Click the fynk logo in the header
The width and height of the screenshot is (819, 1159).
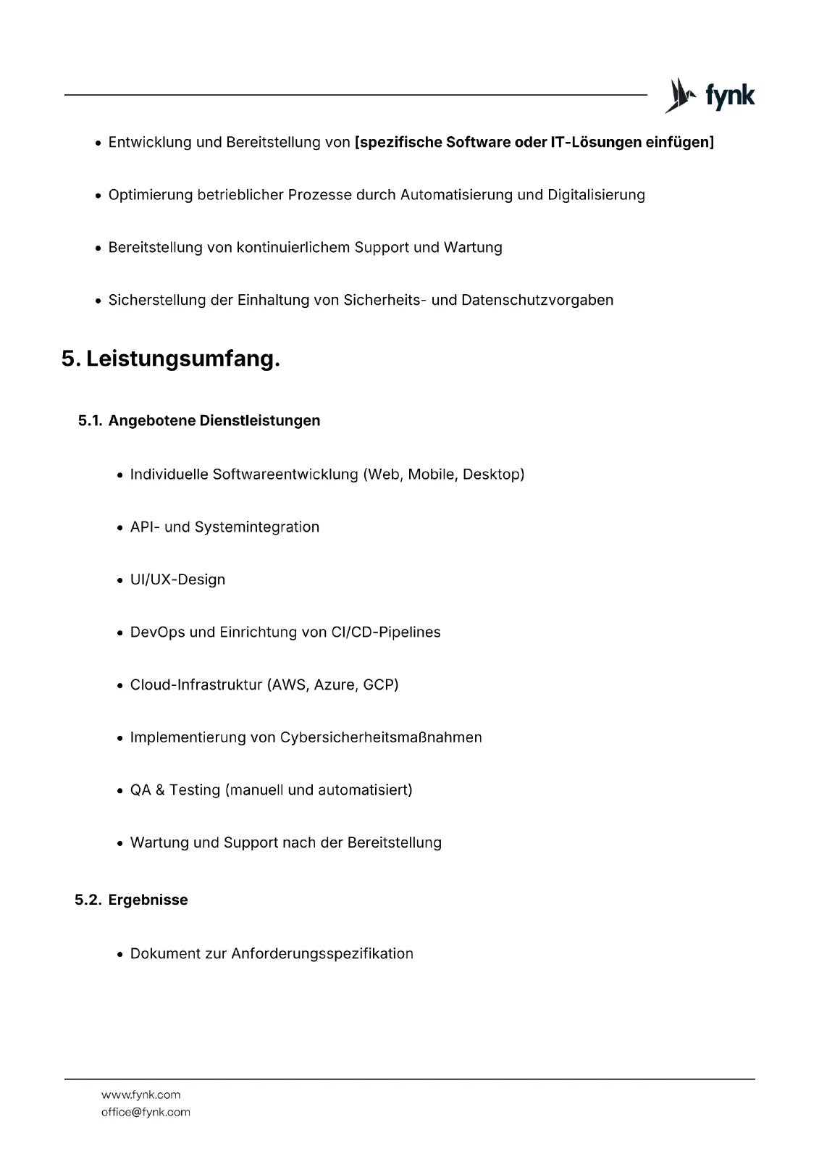click(710, 96)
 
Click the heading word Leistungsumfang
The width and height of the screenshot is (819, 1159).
click(182, 359)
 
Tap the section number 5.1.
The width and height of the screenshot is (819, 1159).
click(90, 421)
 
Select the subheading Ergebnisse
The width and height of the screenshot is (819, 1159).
click(148, 900)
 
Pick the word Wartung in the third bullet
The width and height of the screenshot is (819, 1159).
click(473, 248)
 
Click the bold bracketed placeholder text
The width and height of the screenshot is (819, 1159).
click(534, 142)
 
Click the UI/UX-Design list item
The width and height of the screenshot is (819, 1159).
click(177, 579)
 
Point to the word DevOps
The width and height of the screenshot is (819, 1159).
click(157, 632)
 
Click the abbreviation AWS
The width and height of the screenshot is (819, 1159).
click(289, 685)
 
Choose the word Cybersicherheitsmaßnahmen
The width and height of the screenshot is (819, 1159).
click(381, 737)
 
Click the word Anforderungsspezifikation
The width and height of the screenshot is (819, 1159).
click(322, 953)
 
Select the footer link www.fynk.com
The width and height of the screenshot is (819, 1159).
click(140, 1095)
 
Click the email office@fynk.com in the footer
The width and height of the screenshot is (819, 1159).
click(146, 1112)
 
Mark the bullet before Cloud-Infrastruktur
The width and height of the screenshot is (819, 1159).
click(120, 685)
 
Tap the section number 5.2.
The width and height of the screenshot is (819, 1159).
click(88, 900)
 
